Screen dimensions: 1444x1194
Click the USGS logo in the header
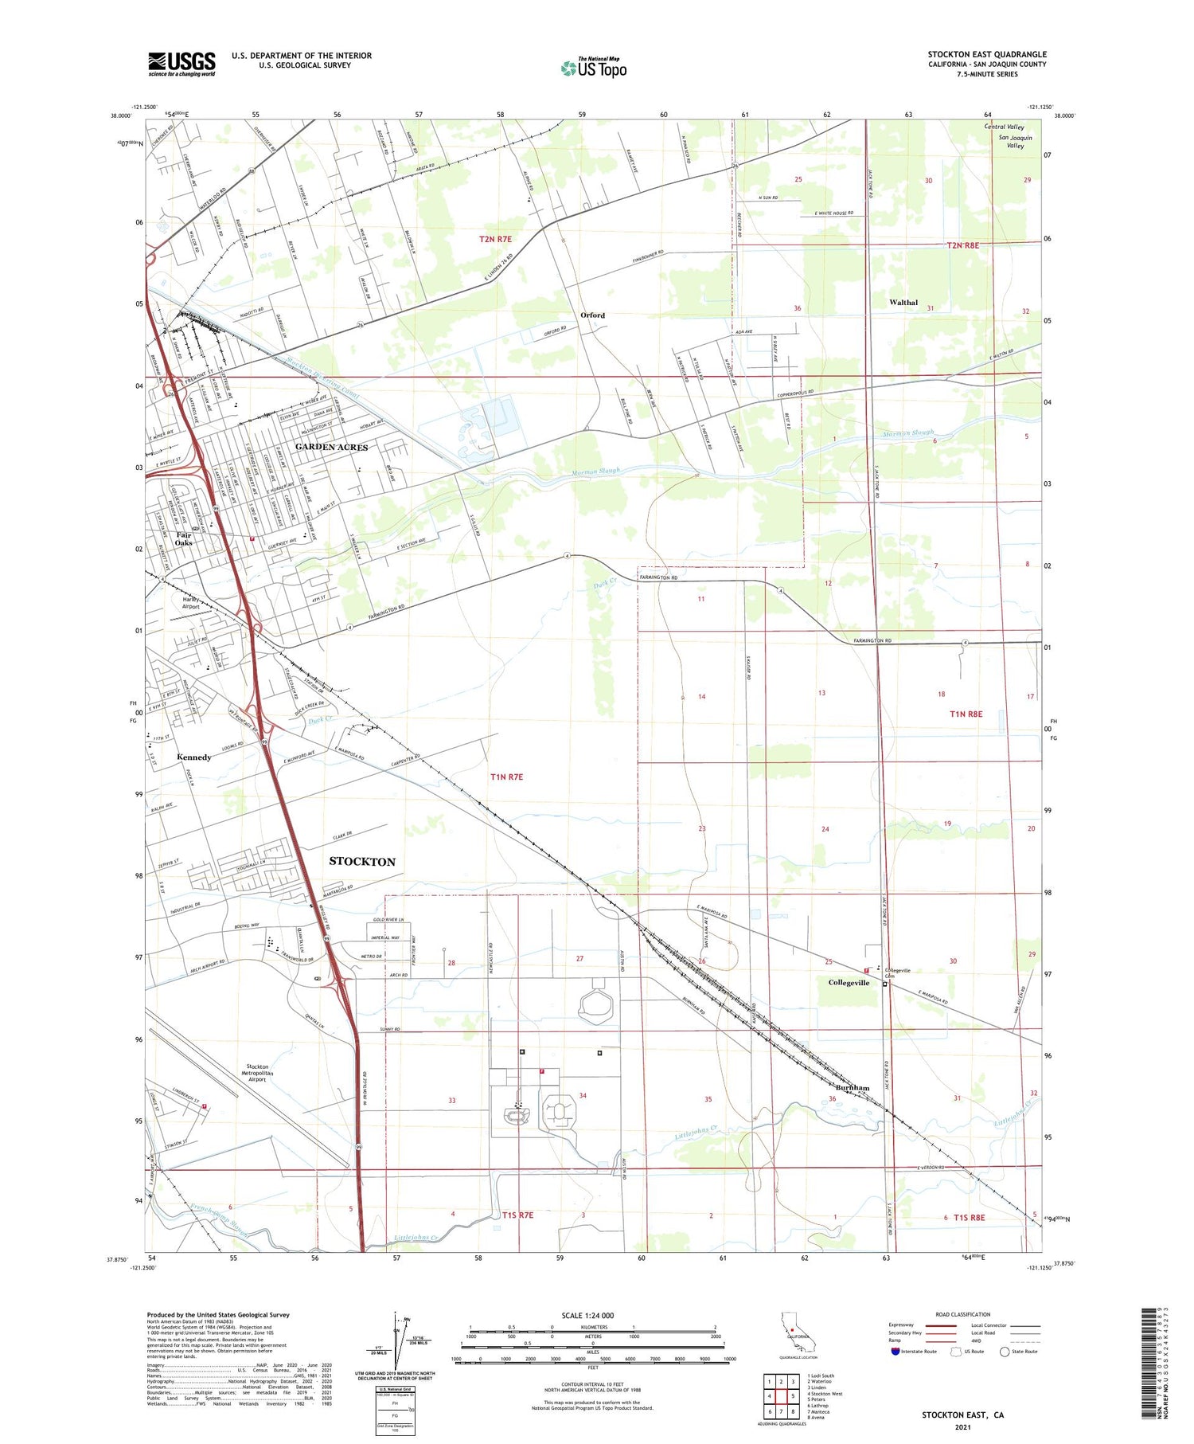(x=181, y=64)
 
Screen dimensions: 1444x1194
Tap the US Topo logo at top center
(x=593, y=68)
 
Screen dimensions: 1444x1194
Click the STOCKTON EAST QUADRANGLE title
(x=986, y=55)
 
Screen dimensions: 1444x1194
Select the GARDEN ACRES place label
(x=331, y=448)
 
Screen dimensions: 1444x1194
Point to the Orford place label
(x=592, y=315)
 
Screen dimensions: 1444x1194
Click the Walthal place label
(x=903, y=303)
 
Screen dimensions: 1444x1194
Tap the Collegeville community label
(x=849, y=983)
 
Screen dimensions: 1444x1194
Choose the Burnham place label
(x=852, y=1087)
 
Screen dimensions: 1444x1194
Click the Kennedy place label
(x=194, y=757)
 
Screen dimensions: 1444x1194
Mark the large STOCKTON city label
(x=362, y=862)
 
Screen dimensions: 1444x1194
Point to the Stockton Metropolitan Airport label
(x=257, y=1073)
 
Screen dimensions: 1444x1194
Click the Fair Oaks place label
(x=184, y=538)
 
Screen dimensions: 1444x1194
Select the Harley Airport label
(x=190, y=603)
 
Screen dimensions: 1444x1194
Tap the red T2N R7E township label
(x=495, y=239)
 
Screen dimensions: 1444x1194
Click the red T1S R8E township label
(x=964, y=1217)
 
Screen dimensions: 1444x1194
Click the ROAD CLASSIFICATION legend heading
(x=962, y=1315)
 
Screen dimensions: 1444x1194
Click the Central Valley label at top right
(x=1004, y=127)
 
